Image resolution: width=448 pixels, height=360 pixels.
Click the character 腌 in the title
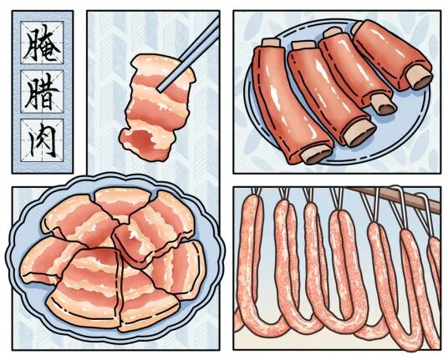tap(42, 43)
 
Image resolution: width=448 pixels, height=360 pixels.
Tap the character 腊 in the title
tap(42, 92)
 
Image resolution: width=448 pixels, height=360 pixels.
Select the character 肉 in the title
tap(42, 140)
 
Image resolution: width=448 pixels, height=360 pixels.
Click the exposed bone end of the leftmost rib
tap(316, 156)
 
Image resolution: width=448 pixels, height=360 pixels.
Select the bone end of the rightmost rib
tap(420, 79)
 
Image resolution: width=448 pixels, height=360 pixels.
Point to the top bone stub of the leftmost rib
tap(271, 43)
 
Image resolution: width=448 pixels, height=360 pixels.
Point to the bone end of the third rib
tap(384, 104)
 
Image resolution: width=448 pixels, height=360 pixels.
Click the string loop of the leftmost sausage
tap(257, 191)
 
